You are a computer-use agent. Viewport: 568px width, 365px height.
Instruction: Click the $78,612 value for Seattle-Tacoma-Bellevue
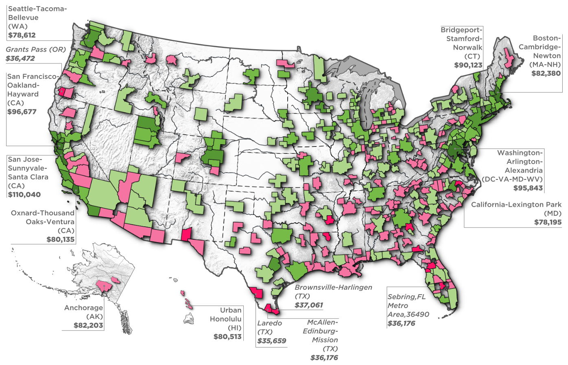pos(22,35)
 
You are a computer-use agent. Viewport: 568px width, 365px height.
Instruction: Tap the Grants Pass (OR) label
pos(36,49)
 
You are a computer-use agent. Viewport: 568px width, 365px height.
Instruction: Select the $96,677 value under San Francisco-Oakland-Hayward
pos(22,112)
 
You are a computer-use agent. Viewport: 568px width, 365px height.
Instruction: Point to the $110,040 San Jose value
pos(24,195)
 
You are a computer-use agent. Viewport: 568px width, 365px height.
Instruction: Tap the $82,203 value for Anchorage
pos(88,326)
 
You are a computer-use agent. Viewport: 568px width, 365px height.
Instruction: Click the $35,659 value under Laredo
pos(272,341)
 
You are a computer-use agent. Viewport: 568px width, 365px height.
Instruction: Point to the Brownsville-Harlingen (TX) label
pos(333,291)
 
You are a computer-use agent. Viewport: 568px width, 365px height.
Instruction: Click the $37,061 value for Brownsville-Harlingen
pos(309,305)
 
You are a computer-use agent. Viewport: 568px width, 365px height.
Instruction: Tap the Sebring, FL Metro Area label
pos(407,305)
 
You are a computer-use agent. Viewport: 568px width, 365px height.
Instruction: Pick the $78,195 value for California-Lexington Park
pos(548,222)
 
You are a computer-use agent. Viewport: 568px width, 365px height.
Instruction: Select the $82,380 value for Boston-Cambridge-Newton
pos(546,74)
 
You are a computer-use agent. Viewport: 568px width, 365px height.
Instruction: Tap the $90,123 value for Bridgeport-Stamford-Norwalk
pos(468,65)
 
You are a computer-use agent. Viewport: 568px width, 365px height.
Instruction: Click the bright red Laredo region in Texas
pos(257,293)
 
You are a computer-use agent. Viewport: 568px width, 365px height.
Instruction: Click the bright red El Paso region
pos(186,234)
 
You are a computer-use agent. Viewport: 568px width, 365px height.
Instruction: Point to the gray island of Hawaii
pos(189,319)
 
